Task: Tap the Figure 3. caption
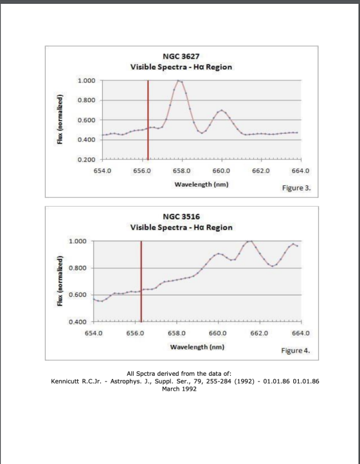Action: click(296, 188)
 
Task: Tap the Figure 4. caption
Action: click(296, 351)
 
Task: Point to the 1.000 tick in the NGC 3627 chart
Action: click(86, 80)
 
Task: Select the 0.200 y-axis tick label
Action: click(86, 160)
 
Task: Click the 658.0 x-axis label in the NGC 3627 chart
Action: click(181, 171)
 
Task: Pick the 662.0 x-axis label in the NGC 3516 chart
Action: click(259, 333)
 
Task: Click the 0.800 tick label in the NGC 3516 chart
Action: click(77, 268)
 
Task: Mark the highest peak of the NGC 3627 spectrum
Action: click(178, 80)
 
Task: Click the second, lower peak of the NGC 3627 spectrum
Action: click(222, 111)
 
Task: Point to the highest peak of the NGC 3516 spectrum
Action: click(250, 241)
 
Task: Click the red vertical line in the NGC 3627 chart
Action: click(148, 120)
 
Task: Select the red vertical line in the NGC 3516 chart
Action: click(141, 281)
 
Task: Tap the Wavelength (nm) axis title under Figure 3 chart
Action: click(201, 184)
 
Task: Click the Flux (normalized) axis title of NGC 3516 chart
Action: click(60, 281)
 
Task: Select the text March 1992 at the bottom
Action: click(179, 389)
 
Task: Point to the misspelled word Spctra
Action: click(146, 374)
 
